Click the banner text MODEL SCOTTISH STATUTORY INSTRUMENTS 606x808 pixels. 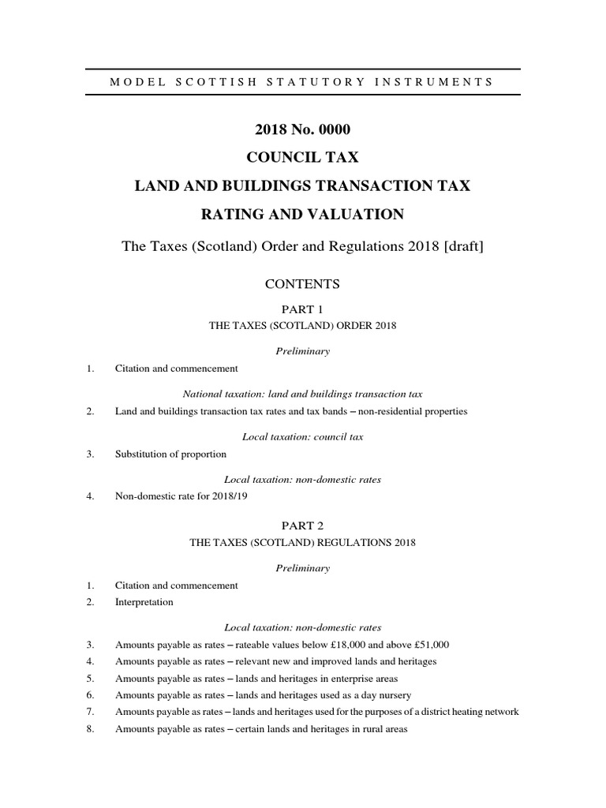[303, 82]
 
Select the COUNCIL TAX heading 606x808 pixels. [303, 158]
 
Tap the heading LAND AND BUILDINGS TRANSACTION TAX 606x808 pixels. [303, 185]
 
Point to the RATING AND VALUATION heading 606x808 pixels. [303, 214]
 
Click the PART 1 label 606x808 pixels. [303, 309]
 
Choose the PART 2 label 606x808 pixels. [303, 525]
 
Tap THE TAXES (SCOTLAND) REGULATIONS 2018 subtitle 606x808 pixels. [303, 543]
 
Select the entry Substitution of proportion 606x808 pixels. [170, 454]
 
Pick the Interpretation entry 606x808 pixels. [144, 602]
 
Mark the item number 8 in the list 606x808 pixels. [92, 730]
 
